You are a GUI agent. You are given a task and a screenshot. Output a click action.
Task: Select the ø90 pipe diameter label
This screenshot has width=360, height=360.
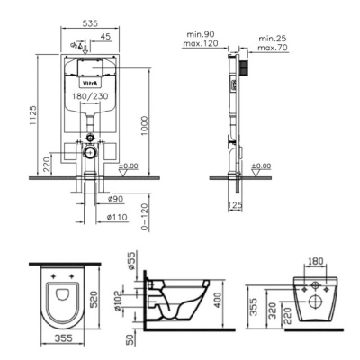(115, 198)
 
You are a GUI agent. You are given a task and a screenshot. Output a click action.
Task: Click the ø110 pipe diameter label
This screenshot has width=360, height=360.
(116, 217)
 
